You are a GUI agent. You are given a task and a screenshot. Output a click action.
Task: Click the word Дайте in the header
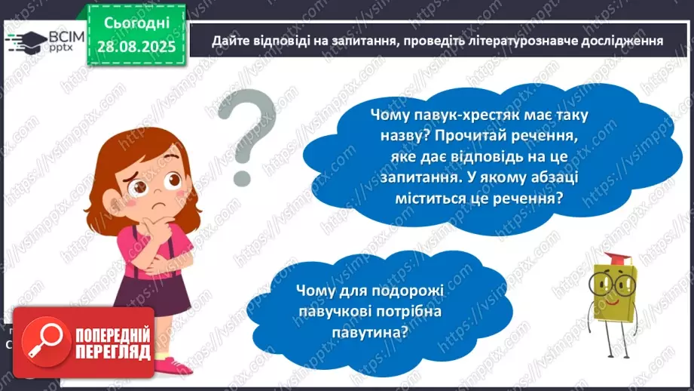pyautogui.click(x=227, y=41)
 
